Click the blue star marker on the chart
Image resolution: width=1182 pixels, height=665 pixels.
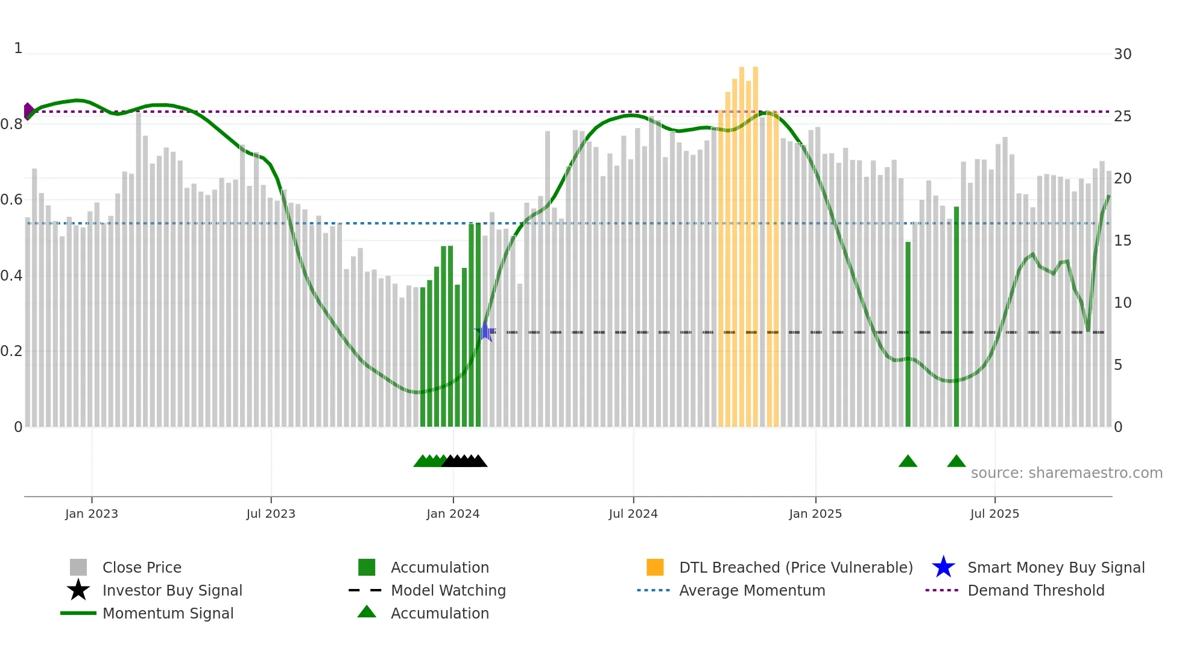coord(485,331)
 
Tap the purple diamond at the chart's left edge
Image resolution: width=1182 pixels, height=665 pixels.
coord(28,111)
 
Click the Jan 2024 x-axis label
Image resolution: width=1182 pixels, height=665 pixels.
coord(453,514)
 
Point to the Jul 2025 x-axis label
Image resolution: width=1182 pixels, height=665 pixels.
coord(994,514)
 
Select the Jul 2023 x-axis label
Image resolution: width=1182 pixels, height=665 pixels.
coord(271,514)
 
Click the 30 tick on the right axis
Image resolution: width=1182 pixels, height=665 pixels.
coord(1122,54)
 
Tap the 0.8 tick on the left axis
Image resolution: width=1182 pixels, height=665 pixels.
coord(12,124)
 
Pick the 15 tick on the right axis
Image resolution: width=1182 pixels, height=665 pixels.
coord(1122,241)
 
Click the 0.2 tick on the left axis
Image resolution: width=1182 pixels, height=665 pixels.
coord(12,351)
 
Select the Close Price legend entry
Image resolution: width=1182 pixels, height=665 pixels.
coord(142,567)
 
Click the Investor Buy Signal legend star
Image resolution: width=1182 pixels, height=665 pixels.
coord(78,590)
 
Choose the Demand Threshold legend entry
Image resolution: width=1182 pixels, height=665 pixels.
coord(1035,590)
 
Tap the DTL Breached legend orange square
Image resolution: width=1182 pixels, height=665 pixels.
coord(655,567)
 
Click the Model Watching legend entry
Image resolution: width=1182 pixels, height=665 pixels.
coord(448,590)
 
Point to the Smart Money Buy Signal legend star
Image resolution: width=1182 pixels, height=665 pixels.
coord(943,567)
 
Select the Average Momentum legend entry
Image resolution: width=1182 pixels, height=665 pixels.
coord(751,590)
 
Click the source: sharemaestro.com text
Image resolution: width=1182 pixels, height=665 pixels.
coord(1066,472)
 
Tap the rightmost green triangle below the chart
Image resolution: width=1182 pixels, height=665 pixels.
coord(956,462)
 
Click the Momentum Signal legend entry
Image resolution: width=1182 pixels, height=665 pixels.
coord(168,613)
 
